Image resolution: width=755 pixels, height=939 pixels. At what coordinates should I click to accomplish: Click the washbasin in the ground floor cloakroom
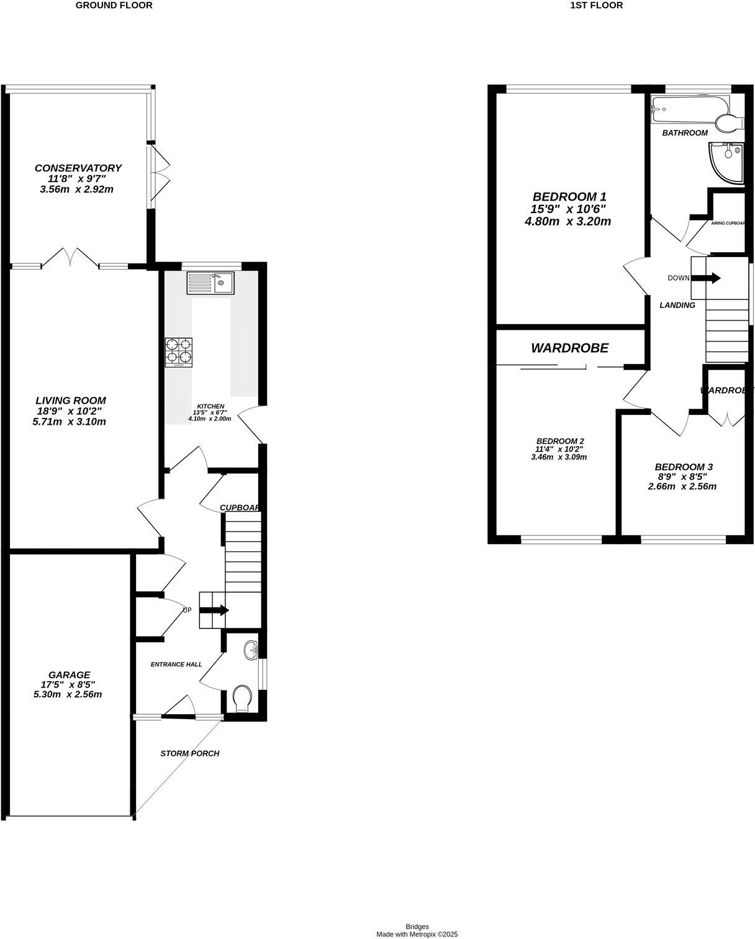pos(251,650)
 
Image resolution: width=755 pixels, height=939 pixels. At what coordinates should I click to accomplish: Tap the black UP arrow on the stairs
pos(214,610)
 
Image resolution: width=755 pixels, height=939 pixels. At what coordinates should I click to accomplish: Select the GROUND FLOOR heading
pos(114,6)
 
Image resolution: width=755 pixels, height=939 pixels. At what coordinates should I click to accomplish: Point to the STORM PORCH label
pos(190,753)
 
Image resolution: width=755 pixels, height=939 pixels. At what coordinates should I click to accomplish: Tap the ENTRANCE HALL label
pos(176,665)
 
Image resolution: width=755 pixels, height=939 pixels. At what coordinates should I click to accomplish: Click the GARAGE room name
pos(70,674)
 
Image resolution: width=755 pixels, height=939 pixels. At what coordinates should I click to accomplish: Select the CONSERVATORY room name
pos(78,168)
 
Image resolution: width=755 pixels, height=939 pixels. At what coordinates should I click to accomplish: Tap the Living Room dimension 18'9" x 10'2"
pos(70,411)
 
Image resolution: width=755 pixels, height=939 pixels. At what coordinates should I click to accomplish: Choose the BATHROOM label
pos(685,133)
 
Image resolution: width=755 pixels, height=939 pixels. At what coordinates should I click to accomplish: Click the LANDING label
pos(677,305)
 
